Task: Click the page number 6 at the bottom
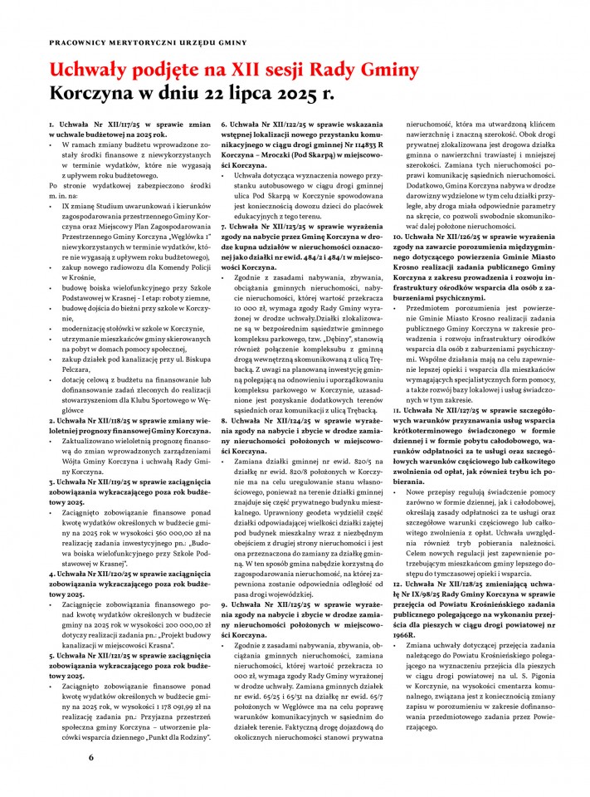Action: pos(91,757)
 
